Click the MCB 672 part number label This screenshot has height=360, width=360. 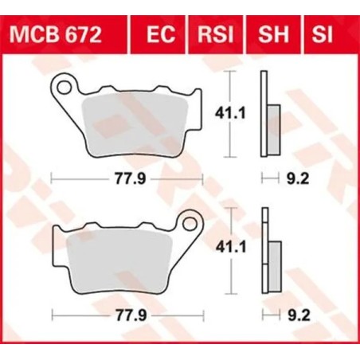point(54,35)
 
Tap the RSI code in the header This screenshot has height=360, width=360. point(210,35)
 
